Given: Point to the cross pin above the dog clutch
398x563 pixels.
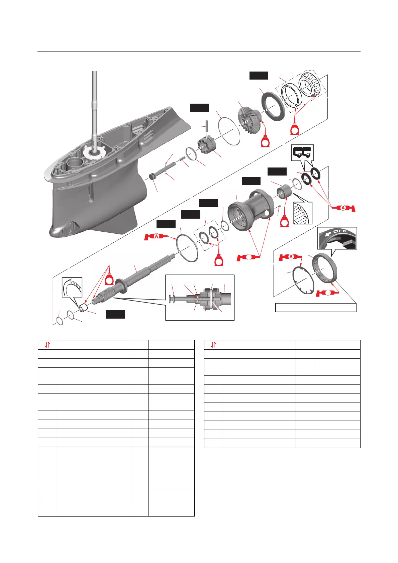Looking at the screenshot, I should coord(207,127).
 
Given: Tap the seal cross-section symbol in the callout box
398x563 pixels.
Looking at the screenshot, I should coord(302,152).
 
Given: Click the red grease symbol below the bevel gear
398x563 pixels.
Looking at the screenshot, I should coord(266,141).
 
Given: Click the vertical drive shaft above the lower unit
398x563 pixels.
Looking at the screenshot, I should coord(95,107).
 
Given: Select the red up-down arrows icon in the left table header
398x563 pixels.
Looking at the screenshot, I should coord(47,345).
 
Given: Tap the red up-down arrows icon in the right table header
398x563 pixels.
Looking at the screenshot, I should coord(213,345).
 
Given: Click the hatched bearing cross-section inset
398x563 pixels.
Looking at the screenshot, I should coord(302,213).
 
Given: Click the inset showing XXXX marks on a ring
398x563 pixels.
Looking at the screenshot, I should coord(72,287).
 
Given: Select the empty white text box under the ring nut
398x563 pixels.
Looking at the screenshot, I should coord(315,307).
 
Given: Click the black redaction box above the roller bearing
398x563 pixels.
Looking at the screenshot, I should coord(259,75).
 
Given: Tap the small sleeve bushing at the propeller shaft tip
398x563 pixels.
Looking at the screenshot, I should coord(83,307).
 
